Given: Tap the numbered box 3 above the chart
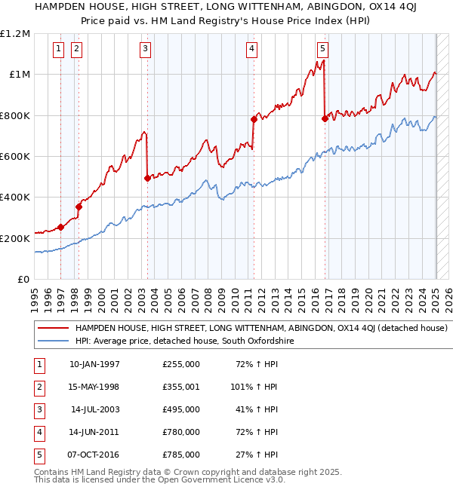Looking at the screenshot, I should coord(145,50).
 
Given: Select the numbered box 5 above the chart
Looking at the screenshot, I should coord(322,50).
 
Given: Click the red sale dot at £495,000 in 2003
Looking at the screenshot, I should coord(147,179).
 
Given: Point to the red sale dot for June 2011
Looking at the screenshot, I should coord(254,118).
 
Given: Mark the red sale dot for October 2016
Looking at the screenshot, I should coord(325,118).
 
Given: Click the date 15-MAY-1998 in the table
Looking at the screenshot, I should coord(94,387).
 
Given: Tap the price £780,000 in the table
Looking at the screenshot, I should coord(180,432).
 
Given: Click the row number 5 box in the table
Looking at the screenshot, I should coord(38,455).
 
